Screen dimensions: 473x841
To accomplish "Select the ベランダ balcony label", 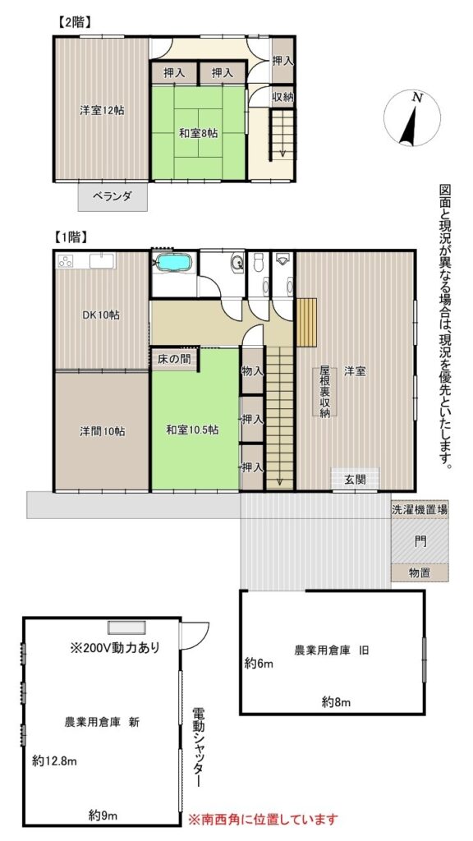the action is pyautogui.click(x=112, y=195).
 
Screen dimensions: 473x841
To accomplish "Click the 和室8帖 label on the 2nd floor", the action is pyautogui.click(x=198, y=134).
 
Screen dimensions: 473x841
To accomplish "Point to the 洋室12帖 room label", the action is pyautogui.click(x=102, y=111).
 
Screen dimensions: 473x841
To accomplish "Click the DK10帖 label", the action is pyautogui.click(x=101, y=315).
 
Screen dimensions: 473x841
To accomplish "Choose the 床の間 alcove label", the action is pyautogui.click(x=174, y=359).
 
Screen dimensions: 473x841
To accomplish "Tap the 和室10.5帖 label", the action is pyautogui.click(x=192, y=430).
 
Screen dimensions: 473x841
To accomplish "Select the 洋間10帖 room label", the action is pyautogui.click(x=103, y=430).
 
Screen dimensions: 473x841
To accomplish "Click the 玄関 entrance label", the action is pyautogui.click(x=355, y=479).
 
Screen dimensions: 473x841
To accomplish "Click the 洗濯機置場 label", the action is pyautogui.click(x=420, y=510).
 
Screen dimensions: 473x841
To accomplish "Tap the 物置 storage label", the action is pyautogui.click(x=420, y=572).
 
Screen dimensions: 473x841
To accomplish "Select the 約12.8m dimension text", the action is pyautogui.click(x=54, y=761).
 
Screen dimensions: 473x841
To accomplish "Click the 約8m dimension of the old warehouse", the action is pyautogui.click(x=336, y=701).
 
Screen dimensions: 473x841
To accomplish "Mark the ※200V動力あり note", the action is pyautogui.click(x=115, y=647).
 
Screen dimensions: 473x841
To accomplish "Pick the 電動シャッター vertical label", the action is pyautogui.click(x=199, y=747).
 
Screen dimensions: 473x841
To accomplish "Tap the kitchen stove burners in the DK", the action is pyautogui.click(x=66, y=261).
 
